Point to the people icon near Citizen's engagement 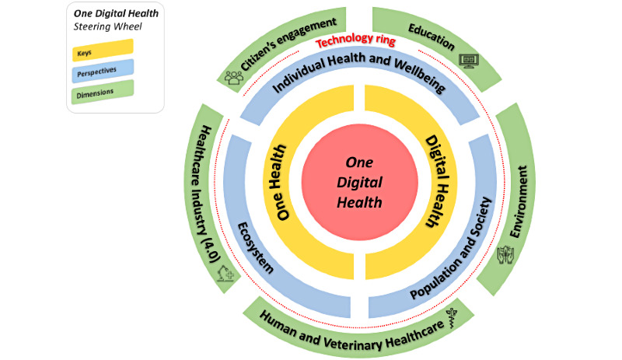233,76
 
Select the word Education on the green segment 430,35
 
